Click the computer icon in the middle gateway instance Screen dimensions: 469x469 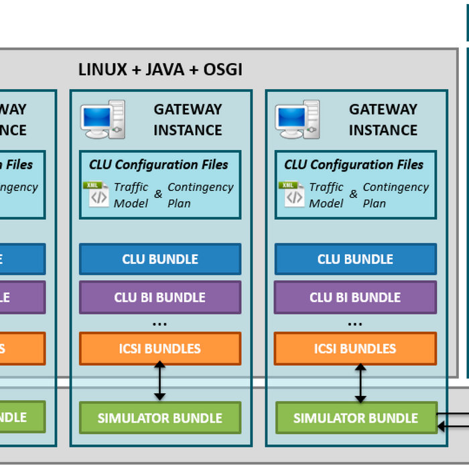103,119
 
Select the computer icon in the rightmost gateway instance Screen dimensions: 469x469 297,119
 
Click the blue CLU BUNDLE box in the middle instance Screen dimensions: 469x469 160,259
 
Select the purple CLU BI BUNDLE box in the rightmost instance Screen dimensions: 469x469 355,297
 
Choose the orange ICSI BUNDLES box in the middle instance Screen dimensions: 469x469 160,348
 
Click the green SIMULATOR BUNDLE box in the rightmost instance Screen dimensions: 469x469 355,418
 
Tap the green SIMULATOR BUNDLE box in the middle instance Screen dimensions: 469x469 160,418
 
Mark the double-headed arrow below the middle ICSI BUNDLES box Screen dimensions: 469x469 160,383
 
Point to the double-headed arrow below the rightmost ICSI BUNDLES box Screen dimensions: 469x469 360,383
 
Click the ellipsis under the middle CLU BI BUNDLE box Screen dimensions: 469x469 160,324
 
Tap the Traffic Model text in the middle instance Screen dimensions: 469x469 131,195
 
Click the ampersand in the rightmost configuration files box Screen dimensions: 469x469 353,195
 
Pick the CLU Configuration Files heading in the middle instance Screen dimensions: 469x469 159,165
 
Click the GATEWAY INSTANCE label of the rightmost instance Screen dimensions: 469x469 383,119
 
